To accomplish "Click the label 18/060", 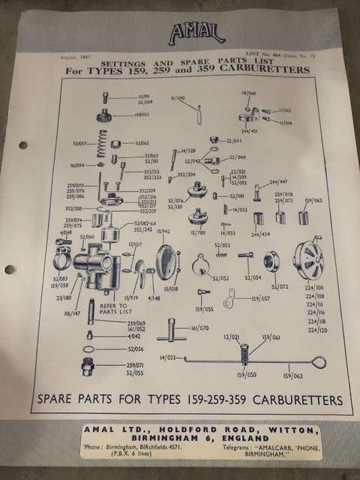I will coord(249,93).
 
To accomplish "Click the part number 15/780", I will coord(198,233).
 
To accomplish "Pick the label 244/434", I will coord(260,235).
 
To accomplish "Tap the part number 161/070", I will coord(199,328).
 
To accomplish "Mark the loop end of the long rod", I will coord(319,362).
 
